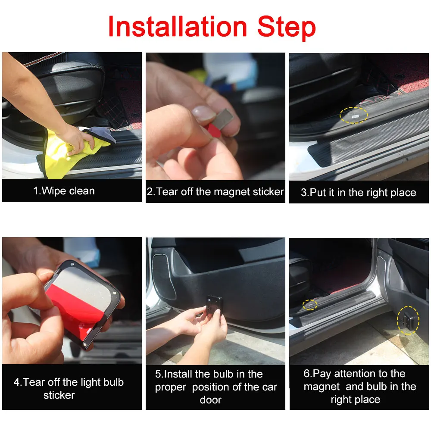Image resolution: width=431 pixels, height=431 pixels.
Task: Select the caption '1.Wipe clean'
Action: coord(64,191)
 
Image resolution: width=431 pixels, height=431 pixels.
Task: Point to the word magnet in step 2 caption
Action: coord(237,192)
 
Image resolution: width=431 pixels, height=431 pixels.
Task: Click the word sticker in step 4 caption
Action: coord(59,395)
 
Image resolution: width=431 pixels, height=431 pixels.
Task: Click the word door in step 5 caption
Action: coord(210,400)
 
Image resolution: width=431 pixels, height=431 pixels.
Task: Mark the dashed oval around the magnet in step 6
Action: coord(309,305)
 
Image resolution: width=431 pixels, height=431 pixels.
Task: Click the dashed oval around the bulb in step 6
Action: coord(407,320)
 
